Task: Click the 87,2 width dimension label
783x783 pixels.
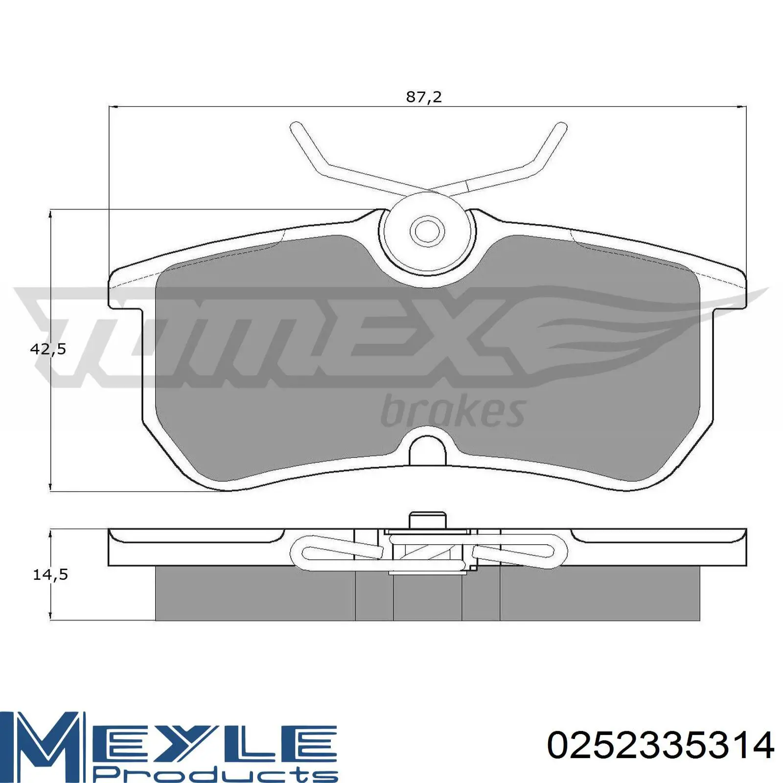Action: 424,97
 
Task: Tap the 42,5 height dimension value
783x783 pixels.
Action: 48,349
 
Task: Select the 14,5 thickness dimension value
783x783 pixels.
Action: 50,575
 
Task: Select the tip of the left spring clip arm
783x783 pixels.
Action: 295,127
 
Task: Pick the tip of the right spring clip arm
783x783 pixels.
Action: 562,127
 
